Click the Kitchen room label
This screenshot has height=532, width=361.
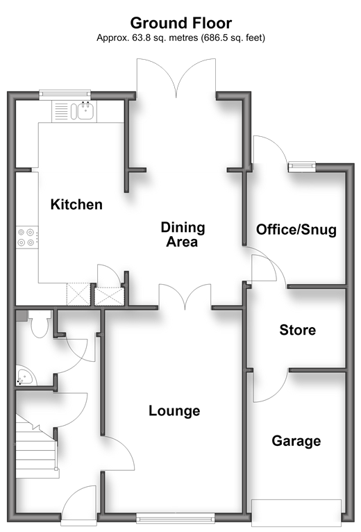point(76,205)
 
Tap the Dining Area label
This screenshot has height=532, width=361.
point(183,235)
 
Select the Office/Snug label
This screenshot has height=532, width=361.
point(296,230)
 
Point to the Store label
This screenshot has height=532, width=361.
point(298,330)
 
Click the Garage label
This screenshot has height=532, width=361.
point(296,441)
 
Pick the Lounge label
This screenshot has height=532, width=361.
point(174,411)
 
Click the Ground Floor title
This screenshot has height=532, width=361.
point(181,23)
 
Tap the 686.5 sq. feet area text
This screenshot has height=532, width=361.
point(233,38)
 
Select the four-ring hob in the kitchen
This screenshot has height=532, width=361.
point(27,237)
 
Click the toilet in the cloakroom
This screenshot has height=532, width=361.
point(40,324)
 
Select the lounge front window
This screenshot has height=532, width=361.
point(176,517)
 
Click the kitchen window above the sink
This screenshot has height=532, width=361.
point(65,94)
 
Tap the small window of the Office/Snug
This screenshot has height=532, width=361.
point(302,167)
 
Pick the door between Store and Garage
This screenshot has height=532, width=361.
point(271,385)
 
